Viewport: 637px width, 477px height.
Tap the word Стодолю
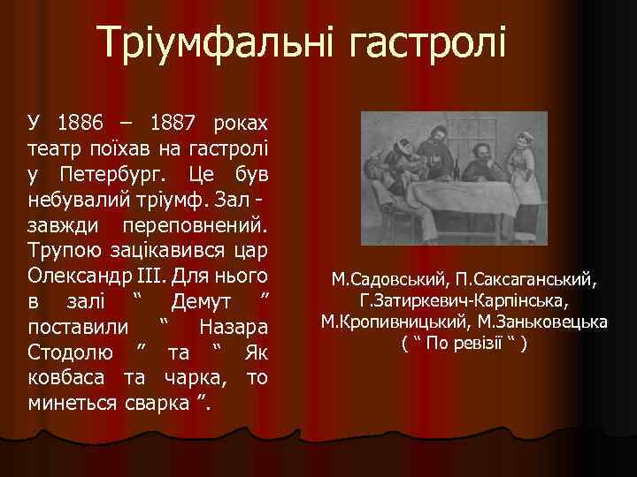pyautogui.click(x=70, y=355)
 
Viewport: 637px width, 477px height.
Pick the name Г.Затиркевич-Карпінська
pyautogui.click(x=464, y=301)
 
